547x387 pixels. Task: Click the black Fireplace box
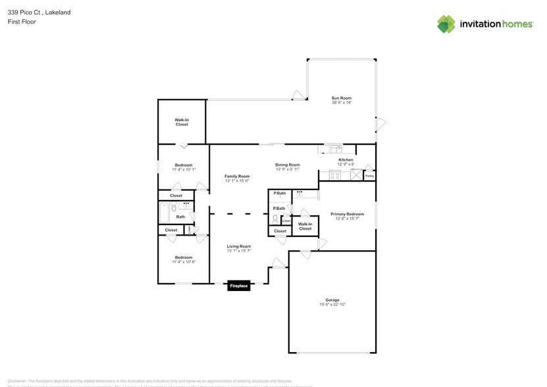click(x=239, y=286)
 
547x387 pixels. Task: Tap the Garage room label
click(x=332, y=300)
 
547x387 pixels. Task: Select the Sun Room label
click(x=341, y=98)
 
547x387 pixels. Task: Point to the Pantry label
click(x=369, y=176)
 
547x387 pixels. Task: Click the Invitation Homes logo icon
click(x=446, y=24)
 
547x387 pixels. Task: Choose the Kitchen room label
click(x=346, y=160)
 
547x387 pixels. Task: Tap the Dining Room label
click(x=288, y=165)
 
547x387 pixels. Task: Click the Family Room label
click(x=237, y=176)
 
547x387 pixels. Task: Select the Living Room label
click(x=238, y=246)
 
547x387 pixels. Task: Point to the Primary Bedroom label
click(x=347, y=214)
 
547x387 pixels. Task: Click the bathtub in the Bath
click(x=165, y=213)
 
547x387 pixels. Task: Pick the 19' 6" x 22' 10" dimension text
click(x=332, y=305)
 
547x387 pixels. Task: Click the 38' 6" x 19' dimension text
click(x=341, y=103)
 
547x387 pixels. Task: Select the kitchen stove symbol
click(x=334, y=176)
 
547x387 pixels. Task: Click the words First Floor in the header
click(x=22, y=22)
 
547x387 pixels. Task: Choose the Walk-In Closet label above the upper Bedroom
click(x=181, y=122)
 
